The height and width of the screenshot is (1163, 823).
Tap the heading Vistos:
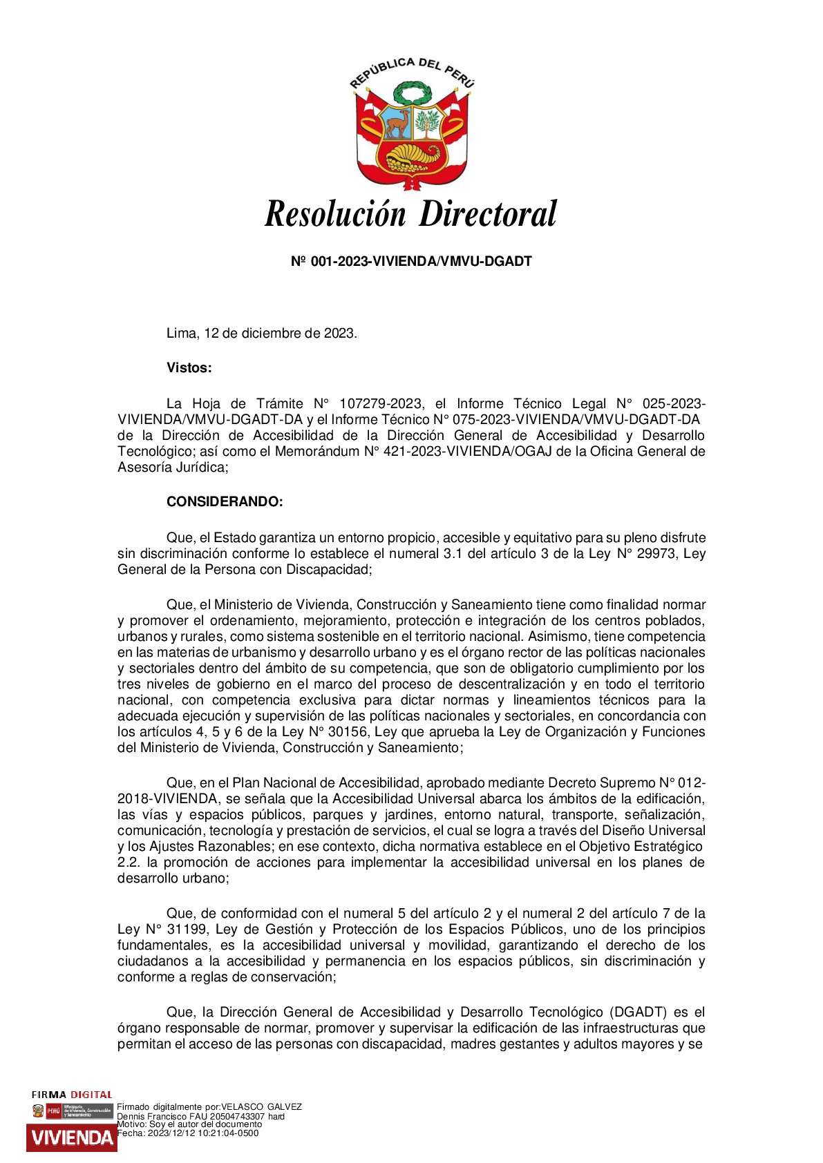point(189,368)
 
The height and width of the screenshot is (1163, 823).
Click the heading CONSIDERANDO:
point(225,502)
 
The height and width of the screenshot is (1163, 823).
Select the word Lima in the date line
point(182,334)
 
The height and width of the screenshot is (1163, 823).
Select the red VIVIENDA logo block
point(71,1137)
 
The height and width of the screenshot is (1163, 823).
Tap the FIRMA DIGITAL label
point(72,1095)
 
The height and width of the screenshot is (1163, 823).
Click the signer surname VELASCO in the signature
point(243,1106)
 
